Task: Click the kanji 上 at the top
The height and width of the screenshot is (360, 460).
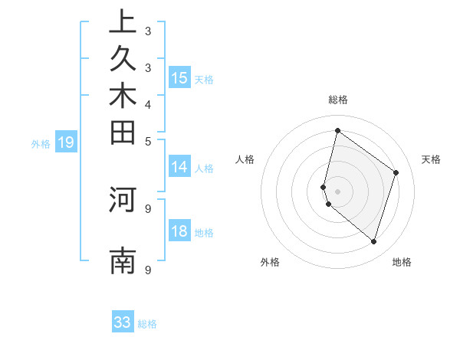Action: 123,22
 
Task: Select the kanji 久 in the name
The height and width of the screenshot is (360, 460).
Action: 123,60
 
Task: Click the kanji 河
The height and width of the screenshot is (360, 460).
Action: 123,199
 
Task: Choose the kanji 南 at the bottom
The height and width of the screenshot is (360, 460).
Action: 123,261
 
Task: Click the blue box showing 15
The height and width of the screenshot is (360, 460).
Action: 179,78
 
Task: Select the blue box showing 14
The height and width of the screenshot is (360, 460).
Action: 179,168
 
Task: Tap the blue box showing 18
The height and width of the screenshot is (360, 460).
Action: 179,231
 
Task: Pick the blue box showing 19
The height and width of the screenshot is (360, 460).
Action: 66,142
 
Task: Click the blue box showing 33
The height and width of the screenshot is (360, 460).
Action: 123,322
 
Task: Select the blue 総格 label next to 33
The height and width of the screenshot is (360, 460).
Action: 147,324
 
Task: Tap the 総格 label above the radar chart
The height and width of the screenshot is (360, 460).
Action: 337,100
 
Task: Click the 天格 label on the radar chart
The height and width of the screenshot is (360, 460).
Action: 432,159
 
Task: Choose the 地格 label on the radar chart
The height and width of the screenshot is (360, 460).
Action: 402,262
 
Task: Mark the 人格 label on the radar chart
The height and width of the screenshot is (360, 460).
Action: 245,159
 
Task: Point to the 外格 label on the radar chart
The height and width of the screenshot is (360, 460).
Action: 270,262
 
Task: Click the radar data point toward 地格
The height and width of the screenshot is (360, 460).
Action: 373,241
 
